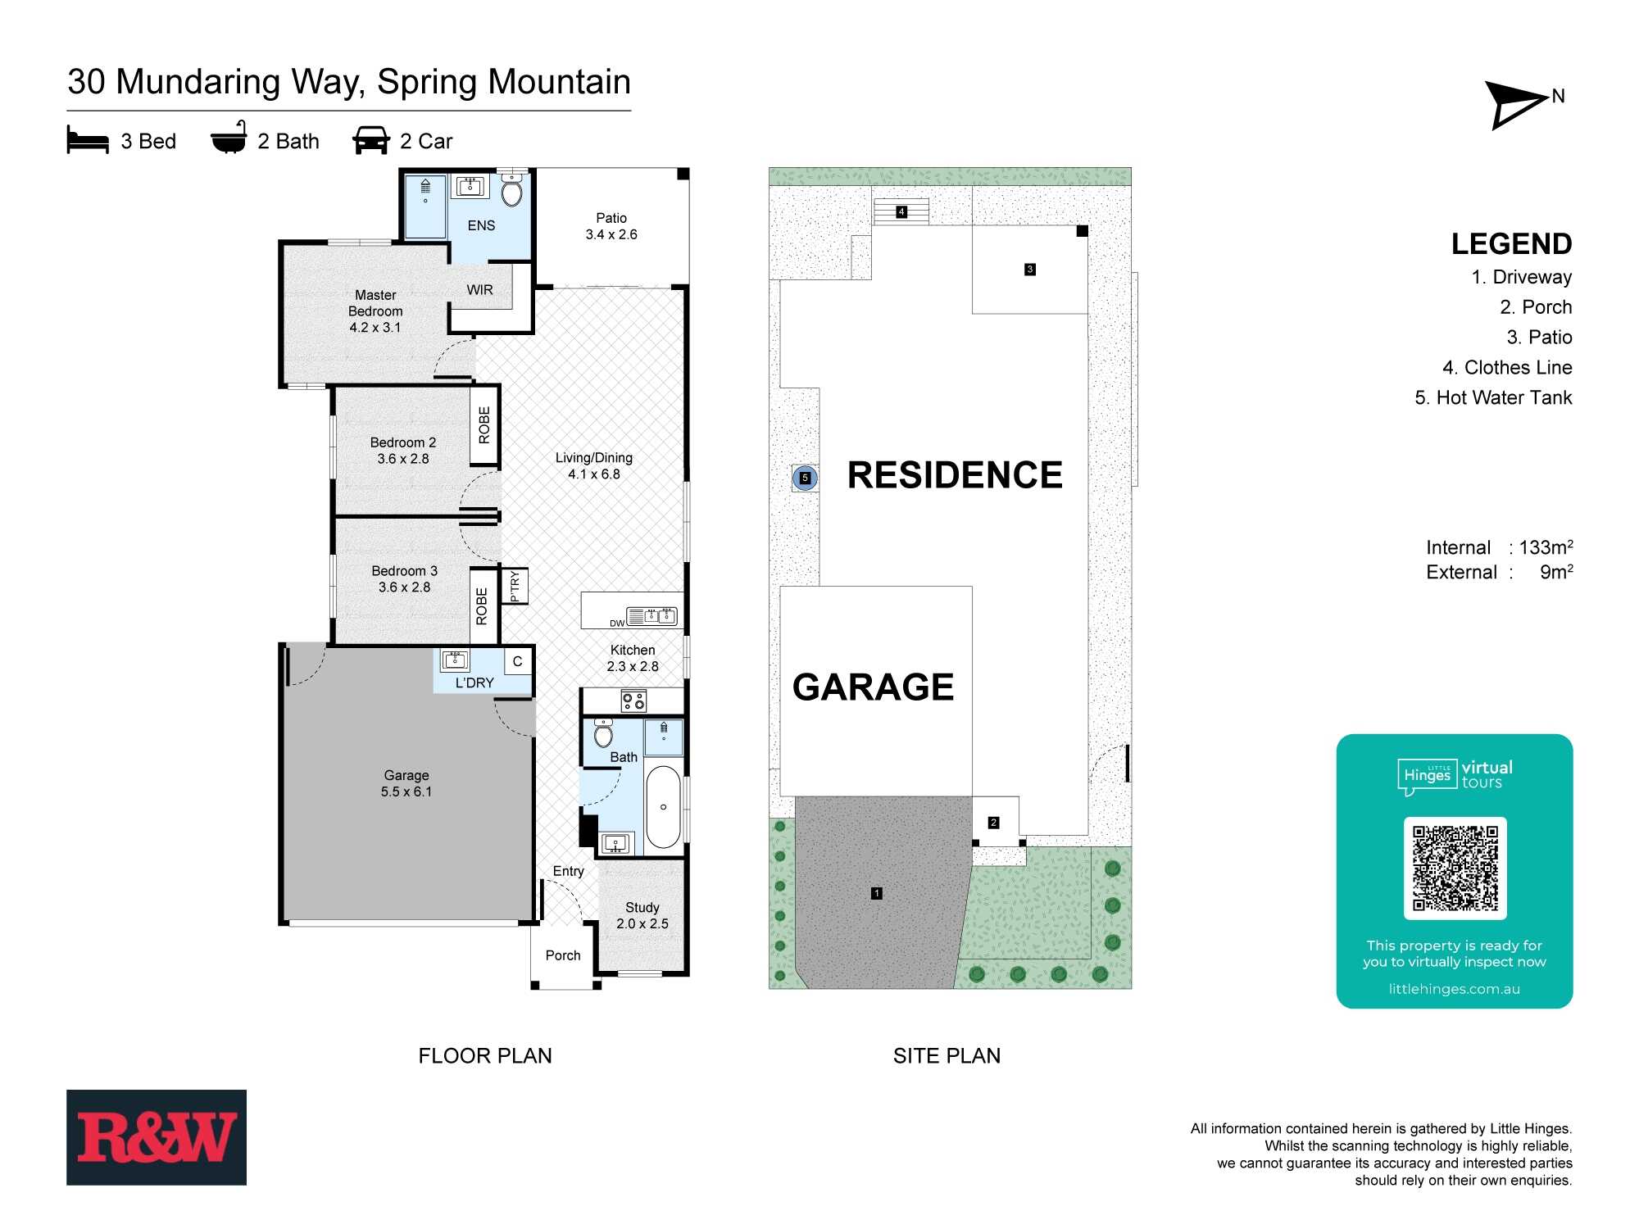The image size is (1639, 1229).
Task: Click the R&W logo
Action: tap(157, 1137)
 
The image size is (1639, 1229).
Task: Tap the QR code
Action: tap(1455, 868)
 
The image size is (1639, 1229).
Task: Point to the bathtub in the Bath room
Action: tap(663, 807)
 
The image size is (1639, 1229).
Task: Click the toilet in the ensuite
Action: tap(512, 190)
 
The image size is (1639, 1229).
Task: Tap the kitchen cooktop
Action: tap(633, 701)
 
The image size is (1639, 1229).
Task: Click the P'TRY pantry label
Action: tap(515, 586)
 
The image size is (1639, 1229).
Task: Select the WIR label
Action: tap(479, 290)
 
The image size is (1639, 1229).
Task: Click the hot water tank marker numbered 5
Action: tap(805, 478)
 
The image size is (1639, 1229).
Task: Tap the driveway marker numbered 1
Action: tap(877, 893)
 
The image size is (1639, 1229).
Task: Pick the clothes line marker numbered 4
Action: tap(901, 211)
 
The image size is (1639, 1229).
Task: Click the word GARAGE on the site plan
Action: tap(873, 687)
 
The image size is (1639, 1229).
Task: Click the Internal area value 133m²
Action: tap(1546, 547)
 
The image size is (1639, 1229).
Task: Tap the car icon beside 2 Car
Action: tap(371, 140)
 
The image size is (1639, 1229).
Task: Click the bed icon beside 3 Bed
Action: tap(88, 140)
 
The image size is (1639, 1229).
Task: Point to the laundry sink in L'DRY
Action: tap(455, 660)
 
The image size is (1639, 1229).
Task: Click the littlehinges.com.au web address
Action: tap(1455, 989)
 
